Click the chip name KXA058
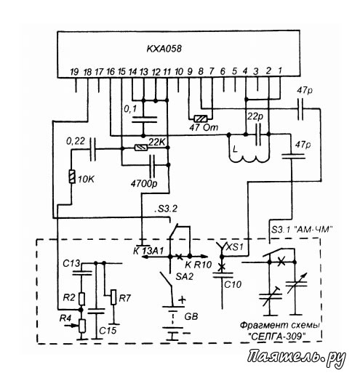[x=164, y=49]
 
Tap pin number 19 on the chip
[x=74, y=72]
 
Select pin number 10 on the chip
[x=179, y=72]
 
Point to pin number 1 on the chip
[x=280, y=71]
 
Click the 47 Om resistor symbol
[x=201, y=118]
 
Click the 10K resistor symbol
[x=72, y=177]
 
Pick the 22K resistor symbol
[x=141, y=148]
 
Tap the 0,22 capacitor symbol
[x=93, y=150]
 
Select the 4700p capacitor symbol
[x=152, y=166]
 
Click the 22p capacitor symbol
[x=258, y=134]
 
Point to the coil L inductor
[x=249, y=155]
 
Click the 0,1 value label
[x=130, y=109]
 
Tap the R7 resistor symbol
[x=113, y=297]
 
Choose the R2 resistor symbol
[x=81, y=299]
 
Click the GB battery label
[x=191, y=316]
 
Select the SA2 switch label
[x=185, y=276]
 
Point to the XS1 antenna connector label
[x=235, y=247]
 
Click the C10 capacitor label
[x=233, y=284]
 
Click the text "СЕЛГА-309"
[x=276, y=337]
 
